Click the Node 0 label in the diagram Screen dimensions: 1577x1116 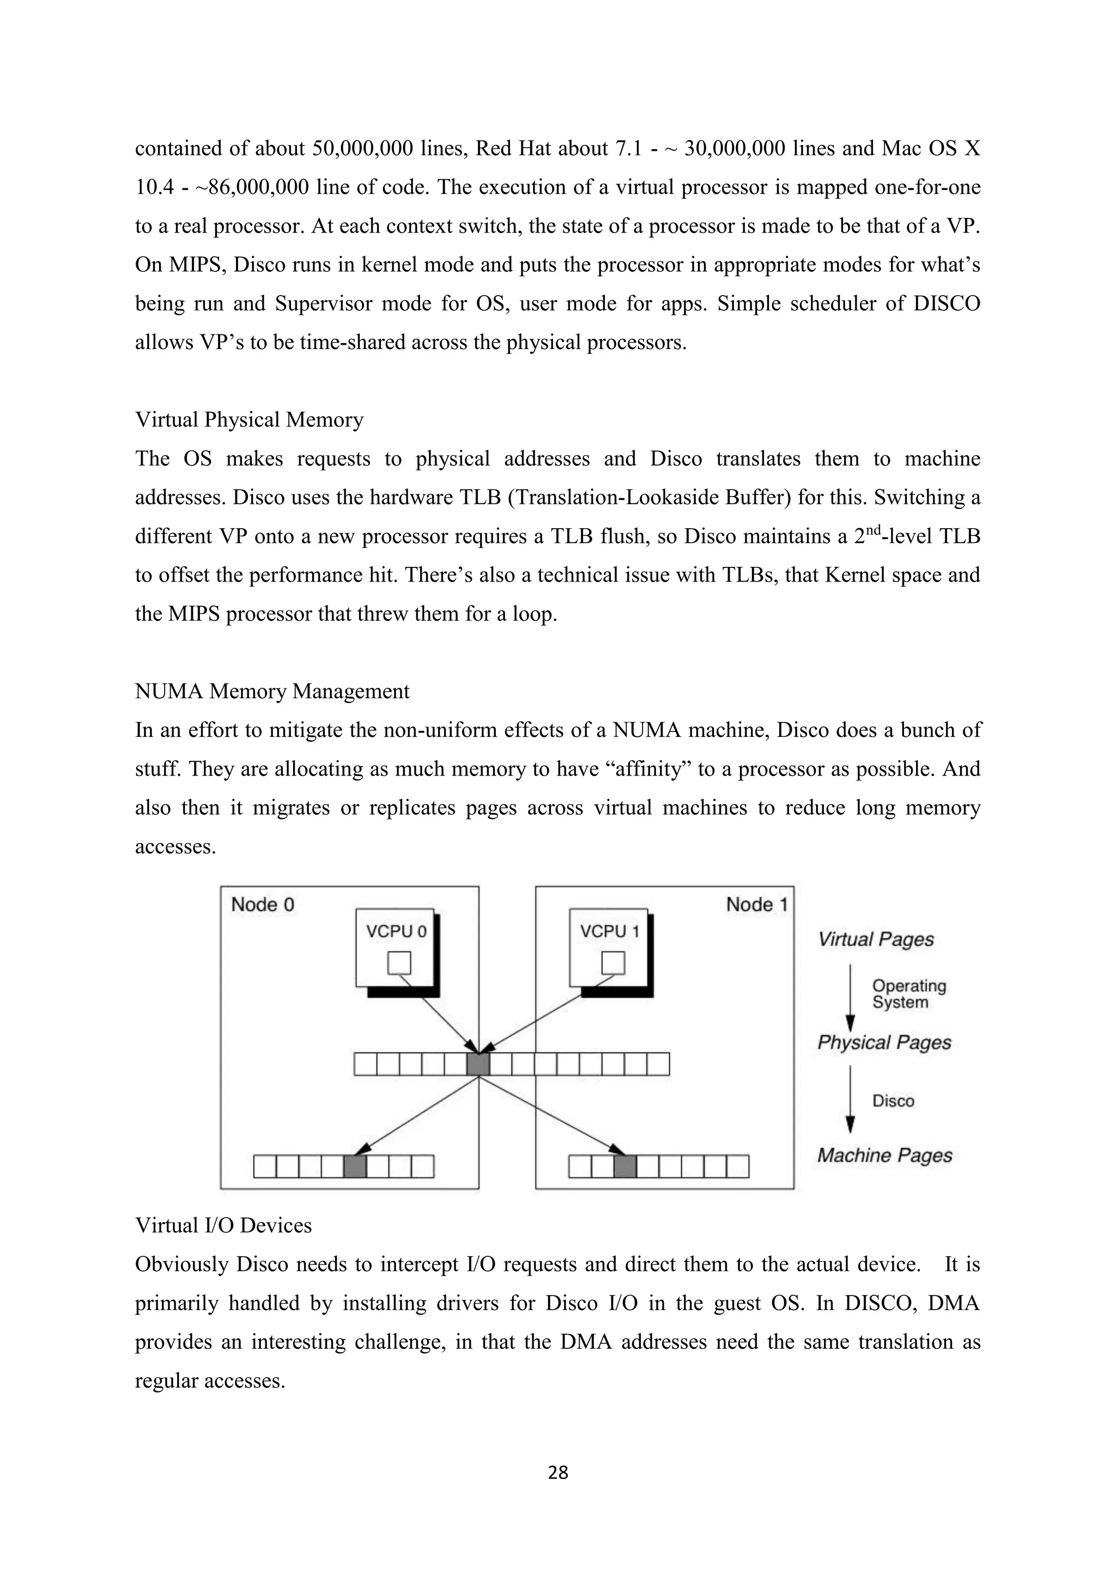(263, 904)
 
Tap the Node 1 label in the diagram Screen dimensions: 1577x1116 (756, 904)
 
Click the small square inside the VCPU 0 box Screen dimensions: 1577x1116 (399, 963)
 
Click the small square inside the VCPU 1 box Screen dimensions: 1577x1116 (613, 963)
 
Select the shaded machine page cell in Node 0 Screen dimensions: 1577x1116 (355, 1166)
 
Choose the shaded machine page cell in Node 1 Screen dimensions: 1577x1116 (624, 1166)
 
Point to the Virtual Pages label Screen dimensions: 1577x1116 (876, 939)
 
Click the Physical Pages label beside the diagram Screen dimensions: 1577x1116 (884, 1043)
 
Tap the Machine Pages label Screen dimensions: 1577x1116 (884, 1156)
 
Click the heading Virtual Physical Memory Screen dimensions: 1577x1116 (249, 420)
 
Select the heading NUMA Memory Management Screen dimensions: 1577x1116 (272, 691)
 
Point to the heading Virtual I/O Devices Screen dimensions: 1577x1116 (223, 1225)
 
